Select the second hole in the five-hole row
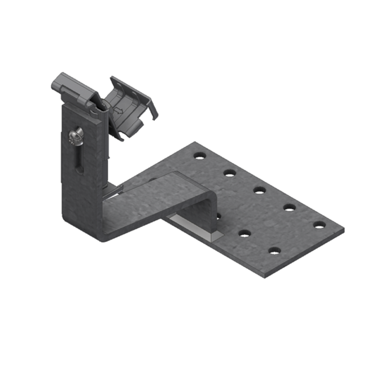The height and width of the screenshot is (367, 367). [x=229, y=172]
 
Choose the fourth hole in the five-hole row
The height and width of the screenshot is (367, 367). [x=290, y=207]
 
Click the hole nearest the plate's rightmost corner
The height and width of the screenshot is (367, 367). [x=320, y=225]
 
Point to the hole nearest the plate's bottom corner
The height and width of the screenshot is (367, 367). [x=274, y=250]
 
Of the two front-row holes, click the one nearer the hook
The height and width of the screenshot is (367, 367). [x=245, y=232]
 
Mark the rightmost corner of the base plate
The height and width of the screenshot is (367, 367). [x=343, y=230]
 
